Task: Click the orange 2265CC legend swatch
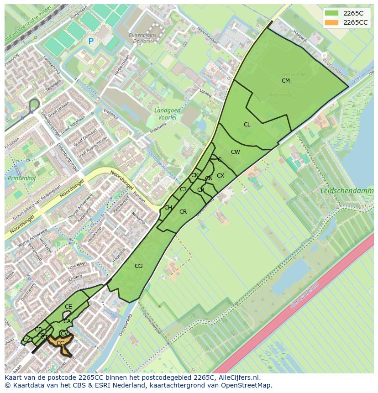(332, 22)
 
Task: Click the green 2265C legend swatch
(332, 13)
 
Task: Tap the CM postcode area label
(286, 81)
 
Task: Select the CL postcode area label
(247, 125)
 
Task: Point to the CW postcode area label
(236, 152)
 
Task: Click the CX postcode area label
(220, 176)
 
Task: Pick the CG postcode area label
(139, 266)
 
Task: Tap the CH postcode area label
(168, 208)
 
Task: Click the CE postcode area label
(68, 307)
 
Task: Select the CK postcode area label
(195, 175)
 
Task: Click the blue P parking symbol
(91, 42)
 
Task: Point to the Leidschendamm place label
(346, 191)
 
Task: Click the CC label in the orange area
(60, 343)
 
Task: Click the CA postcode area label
(67, 321)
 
